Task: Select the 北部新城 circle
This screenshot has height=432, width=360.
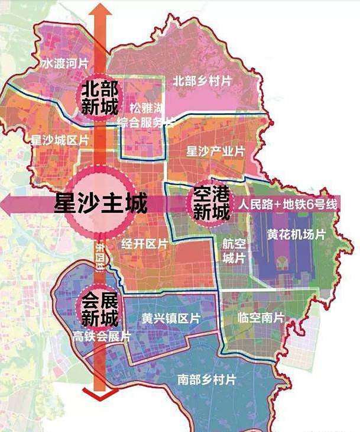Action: pyautogui.click(x=99, y=99)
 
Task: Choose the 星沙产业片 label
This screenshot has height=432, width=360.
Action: pyautogui.click(x=215, y=150)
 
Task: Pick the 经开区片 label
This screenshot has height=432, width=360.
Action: pyautogui.click(x=145, y=244)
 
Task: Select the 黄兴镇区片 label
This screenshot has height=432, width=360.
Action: pyautogui.click(x=171, y=319)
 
